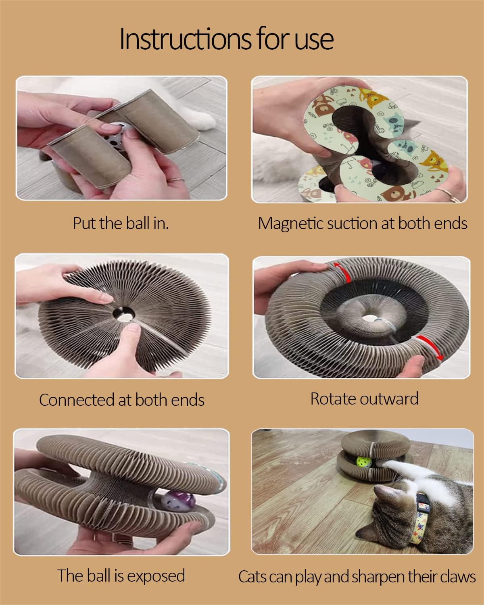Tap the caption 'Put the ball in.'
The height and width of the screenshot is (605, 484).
(x=121, y=223)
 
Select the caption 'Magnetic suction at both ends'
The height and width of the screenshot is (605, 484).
(x=363, y=223)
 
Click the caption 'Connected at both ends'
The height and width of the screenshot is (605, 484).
(x=121, y=400)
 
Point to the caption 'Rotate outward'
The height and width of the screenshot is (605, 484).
(x=364, y=398)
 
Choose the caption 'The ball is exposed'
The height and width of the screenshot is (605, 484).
(x=121, y=576)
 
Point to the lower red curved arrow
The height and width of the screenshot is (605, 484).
(x=429, y=346)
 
